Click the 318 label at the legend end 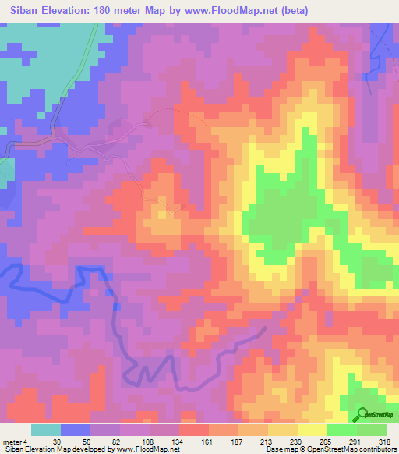point(383,441)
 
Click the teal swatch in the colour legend point(46,430)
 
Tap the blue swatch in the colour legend point(76,430)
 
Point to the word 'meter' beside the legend point(11,441)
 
